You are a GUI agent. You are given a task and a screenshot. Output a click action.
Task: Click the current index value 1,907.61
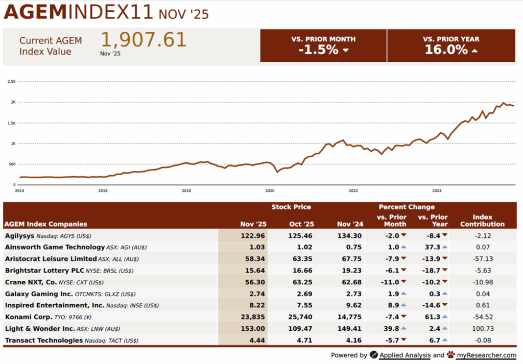coord(143,40)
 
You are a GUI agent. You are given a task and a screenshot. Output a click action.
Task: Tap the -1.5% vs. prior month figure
coord(318,50)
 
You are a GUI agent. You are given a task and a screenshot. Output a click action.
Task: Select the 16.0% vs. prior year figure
coord(446,50)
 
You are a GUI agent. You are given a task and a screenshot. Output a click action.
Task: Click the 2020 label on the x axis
coord(270,190)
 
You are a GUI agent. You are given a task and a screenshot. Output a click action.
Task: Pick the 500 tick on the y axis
coord(11,164)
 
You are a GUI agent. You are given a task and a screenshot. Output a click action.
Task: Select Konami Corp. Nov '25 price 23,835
coord(254,317)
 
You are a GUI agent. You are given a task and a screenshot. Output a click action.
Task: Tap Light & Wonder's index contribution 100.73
coord(482,329)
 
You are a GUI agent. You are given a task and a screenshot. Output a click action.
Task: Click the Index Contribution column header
coord(482,221)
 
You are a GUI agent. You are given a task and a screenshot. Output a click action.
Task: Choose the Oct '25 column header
coord(301,224)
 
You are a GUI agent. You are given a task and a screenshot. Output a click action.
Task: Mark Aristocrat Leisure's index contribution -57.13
coord(482,259)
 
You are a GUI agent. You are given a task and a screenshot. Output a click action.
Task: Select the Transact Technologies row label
coord(43,341)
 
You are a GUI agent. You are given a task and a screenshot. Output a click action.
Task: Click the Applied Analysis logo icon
coord(374,355)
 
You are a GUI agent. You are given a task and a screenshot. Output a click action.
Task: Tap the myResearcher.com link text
coord(487,355)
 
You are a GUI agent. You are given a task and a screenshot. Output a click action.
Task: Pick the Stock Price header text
coord(291,207)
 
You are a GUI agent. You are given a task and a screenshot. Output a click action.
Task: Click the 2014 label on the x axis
coord(19,190)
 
